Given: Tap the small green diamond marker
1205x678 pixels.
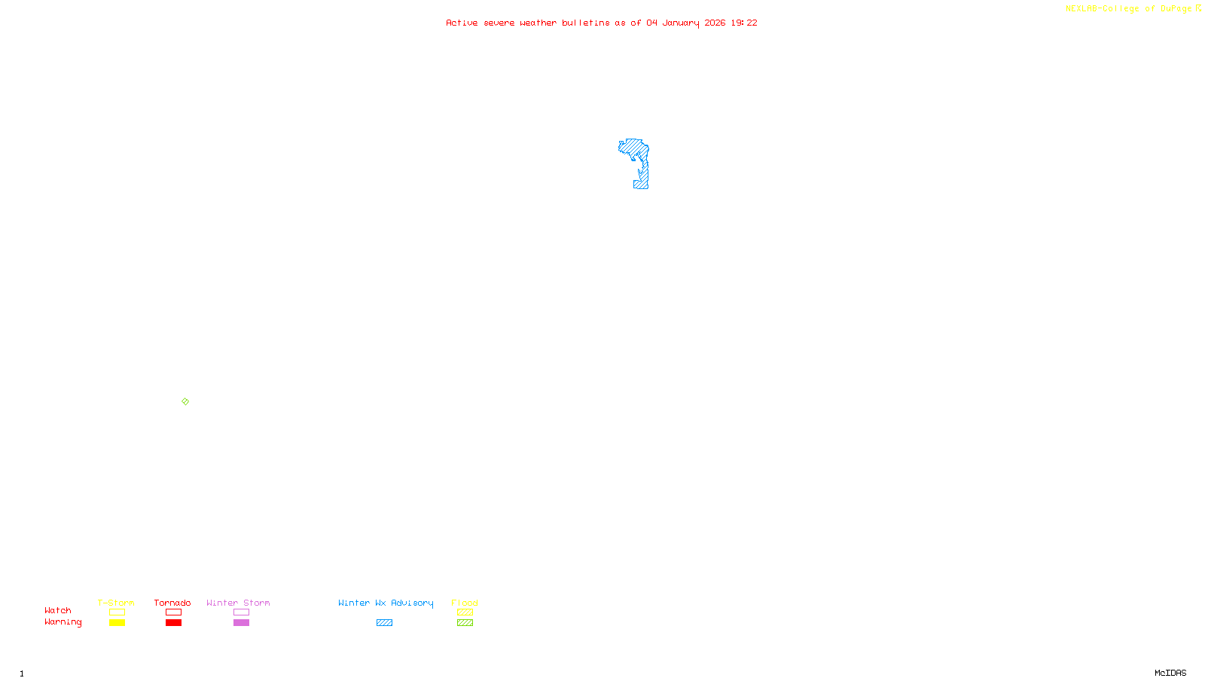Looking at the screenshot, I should tap(185, 402).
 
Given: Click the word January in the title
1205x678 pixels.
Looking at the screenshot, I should tap(680, 23).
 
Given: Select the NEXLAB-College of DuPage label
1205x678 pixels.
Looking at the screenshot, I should tap(1128, 8).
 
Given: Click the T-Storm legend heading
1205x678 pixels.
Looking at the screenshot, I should tap(116, 603).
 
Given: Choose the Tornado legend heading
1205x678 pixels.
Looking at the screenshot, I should tap(172, 603).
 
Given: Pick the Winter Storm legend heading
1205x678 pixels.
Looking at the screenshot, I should tap(238, 603).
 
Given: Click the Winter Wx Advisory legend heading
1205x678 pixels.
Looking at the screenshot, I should tap(386, 603).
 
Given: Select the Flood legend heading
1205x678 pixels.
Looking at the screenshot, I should tap(465, 603).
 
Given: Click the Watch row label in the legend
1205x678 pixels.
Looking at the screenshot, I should tap(58, 610).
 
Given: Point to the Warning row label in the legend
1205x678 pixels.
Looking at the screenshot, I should tap(63, 622).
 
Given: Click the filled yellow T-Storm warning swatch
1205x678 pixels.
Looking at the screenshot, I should tap(117, 623).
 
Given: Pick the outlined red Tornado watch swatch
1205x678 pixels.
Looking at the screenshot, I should tap(173, 612).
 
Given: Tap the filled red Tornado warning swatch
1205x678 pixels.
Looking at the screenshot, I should tap(173, 623).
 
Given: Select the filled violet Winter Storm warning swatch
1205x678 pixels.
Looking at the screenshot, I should tap(241, 623).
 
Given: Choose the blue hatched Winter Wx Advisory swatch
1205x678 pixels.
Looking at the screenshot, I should tap(384, 623).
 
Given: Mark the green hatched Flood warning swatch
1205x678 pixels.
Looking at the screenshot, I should tap(465, 623).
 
